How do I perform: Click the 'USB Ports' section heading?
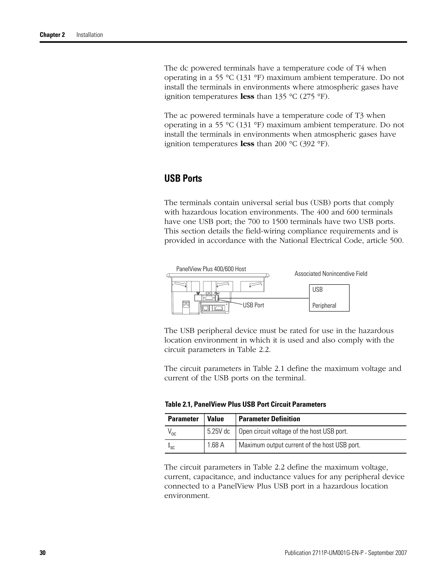coord(183,178)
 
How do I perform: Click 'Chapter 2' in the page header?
coord(52,35)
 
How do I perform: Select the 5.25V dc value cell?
coord(218,431)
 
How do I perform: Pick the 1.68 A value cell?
coord(216,445)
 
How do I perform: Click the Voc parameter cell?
coord(172,432)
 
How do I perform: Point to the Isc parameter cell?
coord(171,446)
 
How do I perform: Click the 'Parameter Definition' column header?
coord(269,419)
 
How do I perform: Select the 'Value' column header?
coord(215,419)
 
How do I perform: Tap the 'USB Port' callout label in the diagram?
coord(253,305)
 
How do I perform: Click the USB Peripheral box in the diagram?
coord(329,298)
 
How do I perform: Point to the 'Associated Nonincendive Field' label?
coord(331,274)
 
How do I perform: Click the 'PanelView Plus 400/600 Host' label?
coord(211,269)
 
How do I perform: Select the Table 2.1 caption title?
coord(245,404)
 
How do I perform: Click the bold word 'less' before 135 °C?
coord(247,97)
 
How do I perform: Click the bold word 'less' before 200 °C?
coord(247,144)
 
